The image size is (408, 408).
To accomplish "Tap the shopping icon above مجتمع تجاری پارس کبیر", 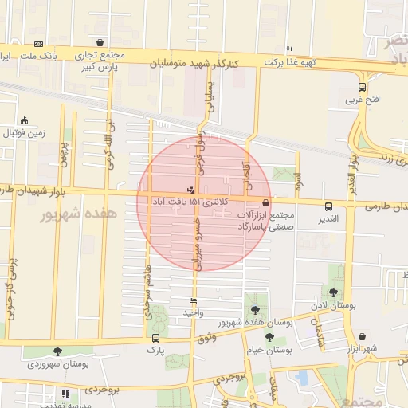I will point(100,43).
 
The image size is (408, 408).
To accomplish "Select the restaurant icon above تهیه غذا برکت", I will point(289,49).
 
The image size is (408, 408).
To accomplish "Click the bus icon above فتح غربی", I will point(363,88).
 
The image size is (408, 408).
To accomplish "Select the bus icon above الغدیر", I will point(328,206).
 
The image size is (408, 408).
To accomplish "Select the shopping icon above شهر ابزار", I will point(363,337).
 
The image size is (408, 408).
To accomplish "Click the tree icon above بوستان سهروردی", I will point(57,351).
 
